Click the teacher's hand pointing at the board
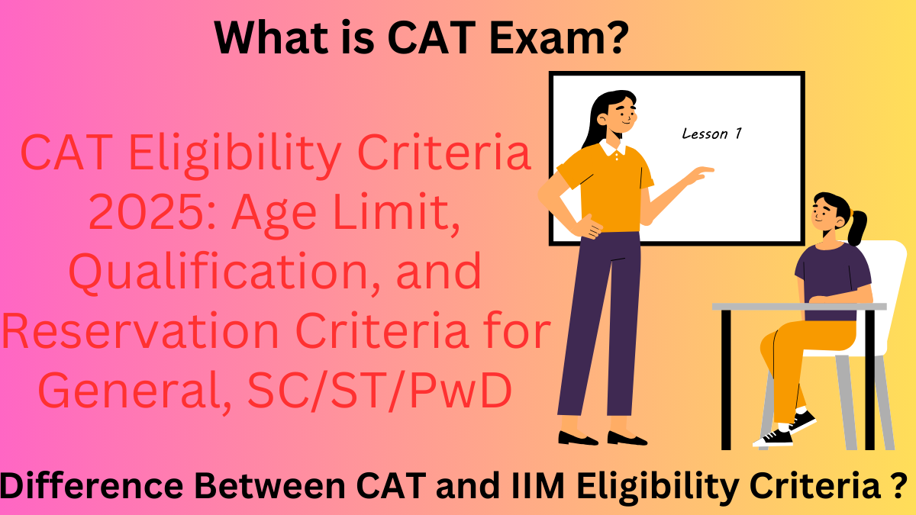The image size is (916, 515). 701,174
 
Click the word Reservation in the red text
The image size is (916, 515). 134,333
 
